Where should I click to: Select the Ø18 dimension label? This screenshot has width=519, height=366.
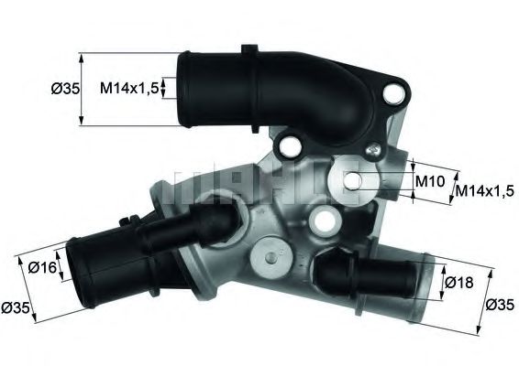coord(460,283)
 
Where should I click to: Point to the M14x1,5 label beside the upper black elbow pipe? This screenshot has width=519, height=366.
coord(130,87)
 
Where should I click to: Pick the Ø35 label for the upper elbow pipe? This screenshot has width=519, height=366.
coord(62,88)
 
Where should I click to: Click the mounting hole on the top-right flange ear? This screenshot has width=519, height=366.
coord(396,91)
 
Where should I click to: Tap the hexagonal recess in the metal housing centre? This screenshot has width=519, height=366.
coord(322,219)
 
